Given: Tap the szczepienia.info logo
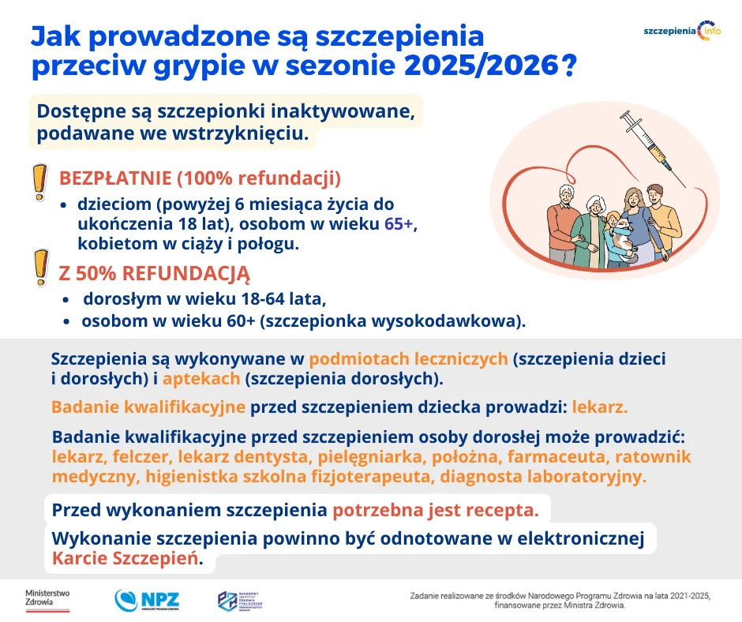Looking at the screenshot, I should (x=681, y=30).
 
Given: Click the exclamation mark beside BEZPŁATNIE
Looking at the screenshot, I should (x=38, y=183).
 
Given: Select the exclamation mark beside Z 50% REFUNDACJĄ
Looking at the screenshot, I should (x=38, y=268).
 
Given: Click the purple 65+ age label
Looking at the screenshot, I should (x=399, y=223).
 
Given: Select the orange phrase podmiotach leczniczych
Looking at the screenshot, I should (x=408, y=359).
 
